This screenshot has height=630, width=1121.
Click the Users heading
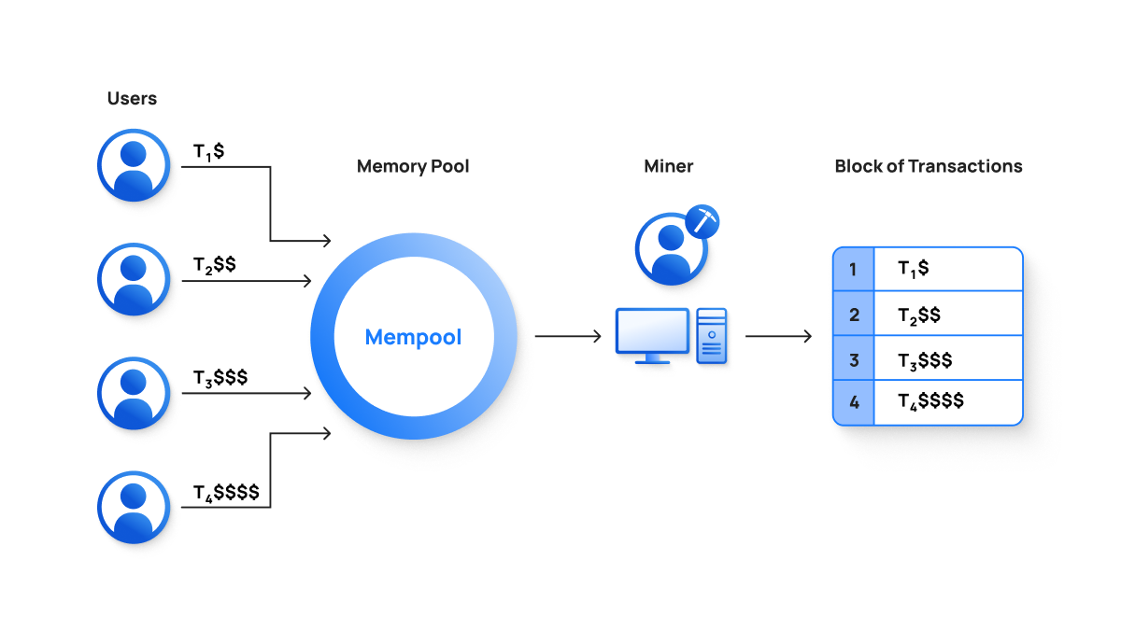132,98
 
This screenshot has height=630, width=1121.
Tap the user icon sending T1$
134,165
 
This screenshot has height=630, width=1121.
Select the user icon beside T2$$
134,279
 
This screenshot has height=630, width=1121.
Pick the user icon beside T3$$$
134,393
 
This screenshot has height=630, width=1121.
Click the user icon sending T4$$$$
134,507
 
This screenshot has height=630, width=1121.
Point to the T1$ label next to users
208,152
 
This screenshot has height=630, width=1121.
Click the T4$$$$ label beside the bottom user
226,492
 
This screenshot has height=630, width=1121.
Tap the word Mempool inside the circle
413,337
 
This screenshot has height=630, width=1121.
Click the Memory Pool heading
413,166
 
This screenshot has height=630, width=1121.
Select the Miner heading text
669,166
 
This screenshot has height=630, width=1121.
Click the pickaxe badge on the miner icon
705,223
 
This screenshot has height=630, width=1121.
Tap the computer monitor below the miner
652,334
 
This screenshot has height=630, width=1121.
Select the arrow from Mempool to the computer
568,336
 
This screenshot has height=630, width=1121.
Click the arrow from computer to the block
778,336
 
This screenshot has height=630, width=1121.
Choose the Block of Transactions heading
928,166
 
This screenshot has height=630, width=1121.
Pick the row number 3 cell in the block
853,359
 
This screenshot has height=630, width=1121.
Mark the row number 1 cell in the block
853,270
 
